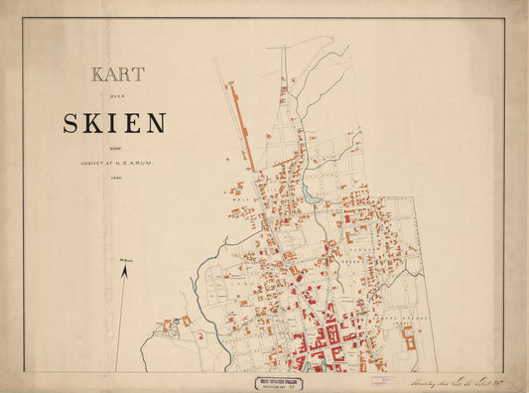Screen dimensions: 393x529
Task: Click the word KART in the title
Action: (x=118, y=74)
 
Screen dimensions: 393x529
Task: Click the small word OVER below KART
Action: (x=118, y=97)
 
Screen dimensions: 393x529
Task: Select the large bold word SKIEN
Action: (x=114, y=124)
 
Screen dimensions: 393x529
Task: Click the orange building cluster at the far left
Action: (x=174, y=324)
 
